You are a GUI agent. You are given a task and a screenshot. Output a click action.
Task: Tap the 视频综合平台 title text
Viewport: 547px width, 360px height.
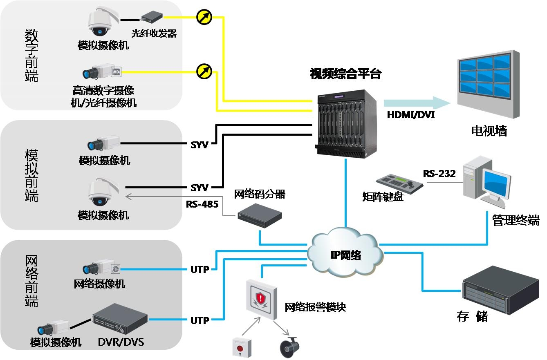click(346, 74)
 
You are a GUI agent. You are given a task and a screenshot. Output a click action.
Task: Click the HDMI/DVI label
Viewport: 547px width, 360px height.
click(411, 115)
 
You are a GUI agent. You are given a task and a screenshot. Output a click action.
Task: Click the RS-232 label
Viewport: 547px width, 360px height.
click(439, 174)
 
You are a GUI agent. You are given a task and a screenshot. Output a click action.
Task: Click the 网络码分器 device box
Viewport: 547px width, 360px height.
click(260, 215)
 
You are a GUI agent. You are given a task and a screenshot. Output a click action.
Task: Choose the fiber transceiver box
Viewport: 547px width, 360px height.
click(152, 16)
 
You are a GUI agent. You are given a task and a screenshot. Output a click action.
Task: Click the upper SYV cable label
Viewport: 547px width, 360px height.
click(200, 145)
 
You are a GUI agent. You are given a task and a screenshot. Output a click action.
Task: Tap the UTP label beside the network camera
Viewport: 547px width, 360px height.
click(200, 269)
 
